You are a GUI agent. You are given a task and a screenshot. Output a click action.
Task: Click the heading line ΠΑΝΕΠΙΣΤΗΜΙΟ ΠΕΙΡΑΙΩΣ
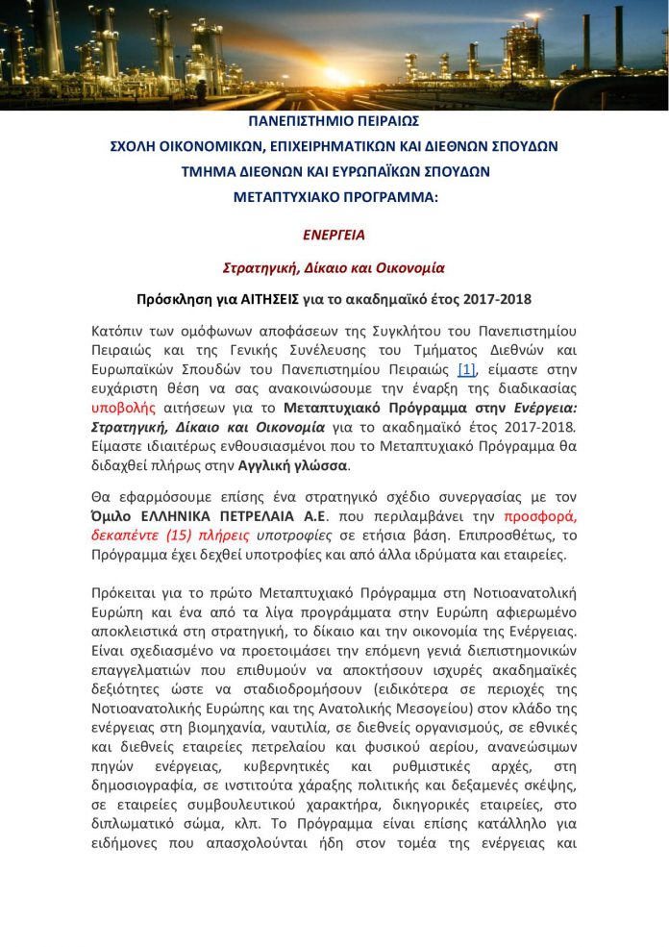[334, 123]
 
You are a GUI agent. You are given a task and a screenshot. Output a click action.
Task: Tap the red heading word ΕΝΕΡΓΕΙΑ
[334, 234]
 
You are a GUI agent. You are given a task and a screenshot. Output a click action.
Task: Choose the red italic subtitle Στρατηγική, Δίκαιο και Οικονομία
[334, 266]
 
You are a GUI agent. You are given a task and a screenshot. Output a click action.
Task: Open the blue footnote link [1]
[466, 369]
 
